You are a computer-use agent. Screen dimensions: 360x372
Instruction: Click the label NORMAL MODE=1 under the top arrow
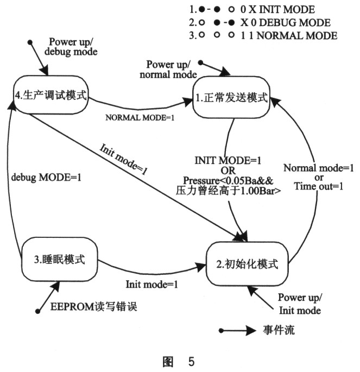coord(140,118)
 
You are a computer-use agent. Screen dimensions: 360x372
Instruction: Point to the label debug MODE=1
coord(46,178)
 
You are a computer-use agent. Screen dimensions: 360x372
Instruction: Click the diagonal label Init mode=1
coord(123,160)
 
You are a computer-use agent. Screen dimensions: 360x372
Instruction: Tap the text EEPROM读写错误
coord(94,306)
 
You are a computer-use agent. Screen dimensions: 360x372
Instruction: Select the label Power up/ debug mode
coord(71,47)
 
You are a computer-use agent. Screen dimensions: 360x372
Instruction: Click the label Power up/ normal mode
coord(168,70)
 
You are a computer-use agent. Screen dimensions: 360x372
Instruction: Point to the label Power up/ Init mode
coord(300,304)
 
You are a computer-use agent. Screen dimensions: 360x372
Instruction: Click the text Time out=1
coord(319,186)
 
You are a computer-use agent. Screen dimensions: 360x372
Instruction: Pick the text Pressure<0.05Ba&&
coord(228,181)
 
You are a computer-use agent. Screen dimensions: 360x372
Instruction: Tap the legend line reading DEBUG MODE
coord(260,23)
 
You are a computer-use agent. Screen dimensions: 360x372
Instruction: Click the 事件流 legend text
coord(279,330)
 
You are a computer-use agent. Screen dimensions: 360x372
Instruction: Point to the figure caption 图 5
coord(179,362)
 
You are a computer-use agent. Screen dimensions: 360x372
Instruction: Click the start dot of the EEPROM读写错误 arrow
coord(37,311)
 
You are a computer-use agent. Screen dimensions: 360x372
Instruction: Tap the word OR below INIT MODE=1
coord(228,171)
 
